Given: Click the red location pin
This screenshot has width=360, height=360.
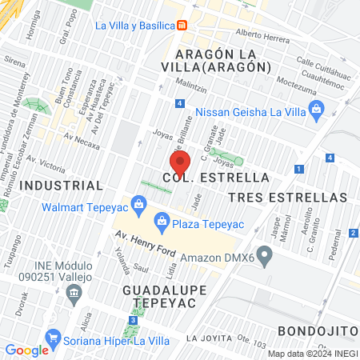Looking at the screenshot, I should (x=179, y=163).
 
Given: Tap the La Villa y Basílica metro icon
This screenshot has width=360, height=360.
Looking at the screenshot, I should (x=182, y=25).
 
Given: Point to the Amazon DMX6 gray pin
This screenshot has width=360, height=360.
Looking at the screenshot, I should (x=266, y=258).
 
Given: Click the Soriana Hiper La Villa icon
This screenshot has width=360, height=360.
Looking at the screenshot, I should (x=54, y=338).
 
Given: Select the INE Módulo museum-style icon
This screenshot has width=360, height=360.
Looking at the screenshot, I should (x=74, y=291).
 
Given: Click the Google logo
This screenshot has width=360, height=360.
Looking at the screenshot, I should (x=26, y=350).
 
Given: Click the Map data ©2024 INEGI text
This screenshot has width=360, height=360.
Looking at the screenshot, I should (x=311, y=353).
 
